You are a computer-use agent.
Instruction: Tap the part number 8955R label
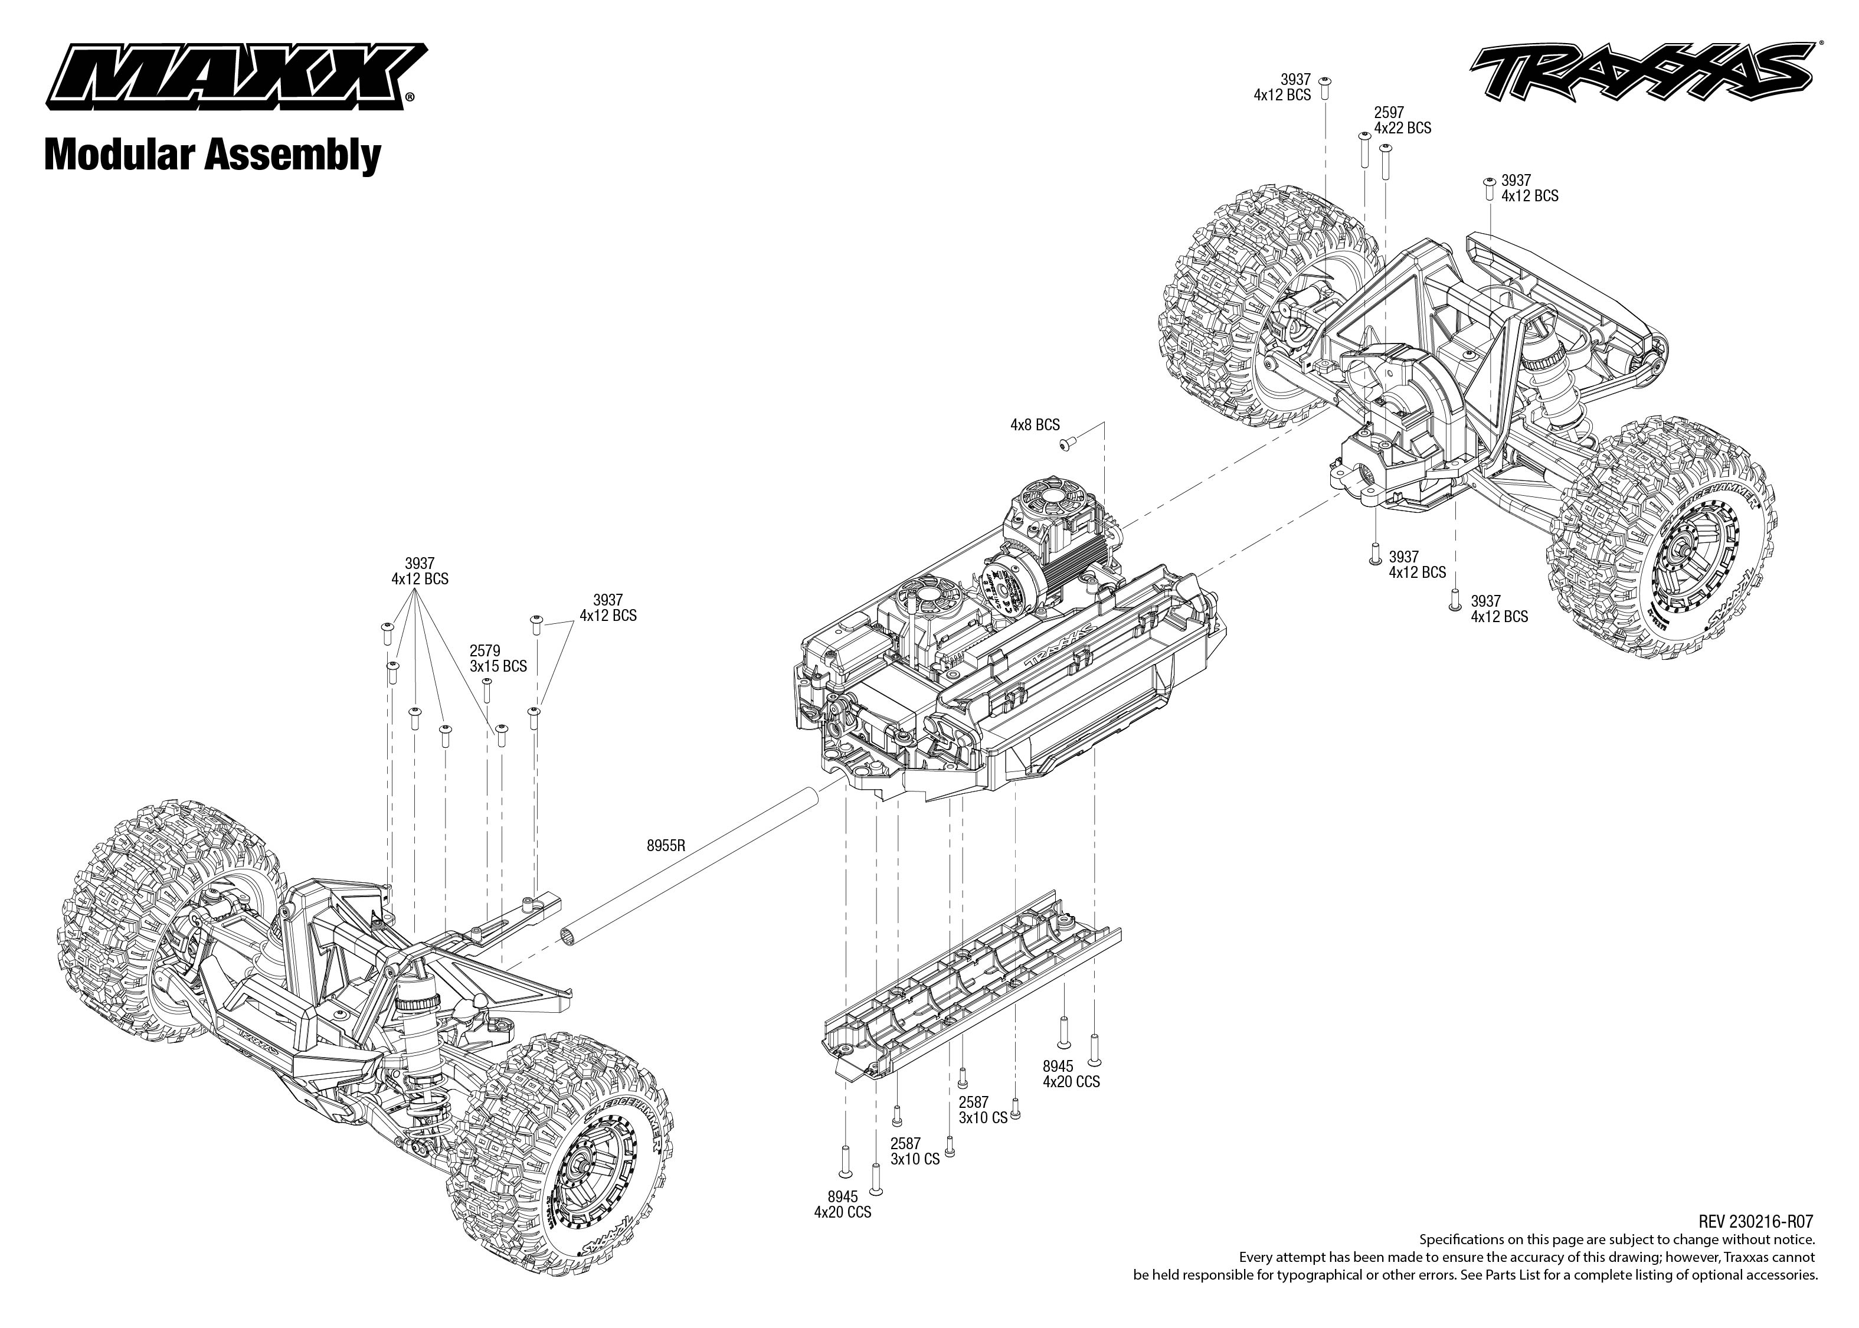pyautogui.click(x=666, y=846)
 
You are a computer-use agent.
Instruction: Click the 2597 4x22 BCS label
pyautogui.click(x=1402, y=120)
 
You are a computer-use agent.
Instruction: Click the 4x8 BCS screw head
pyautogui.click(x=1066, y=443)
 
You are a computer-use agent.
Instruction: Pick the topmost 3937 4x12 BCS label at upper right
pyautogui.click(x=1282, y=87)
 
